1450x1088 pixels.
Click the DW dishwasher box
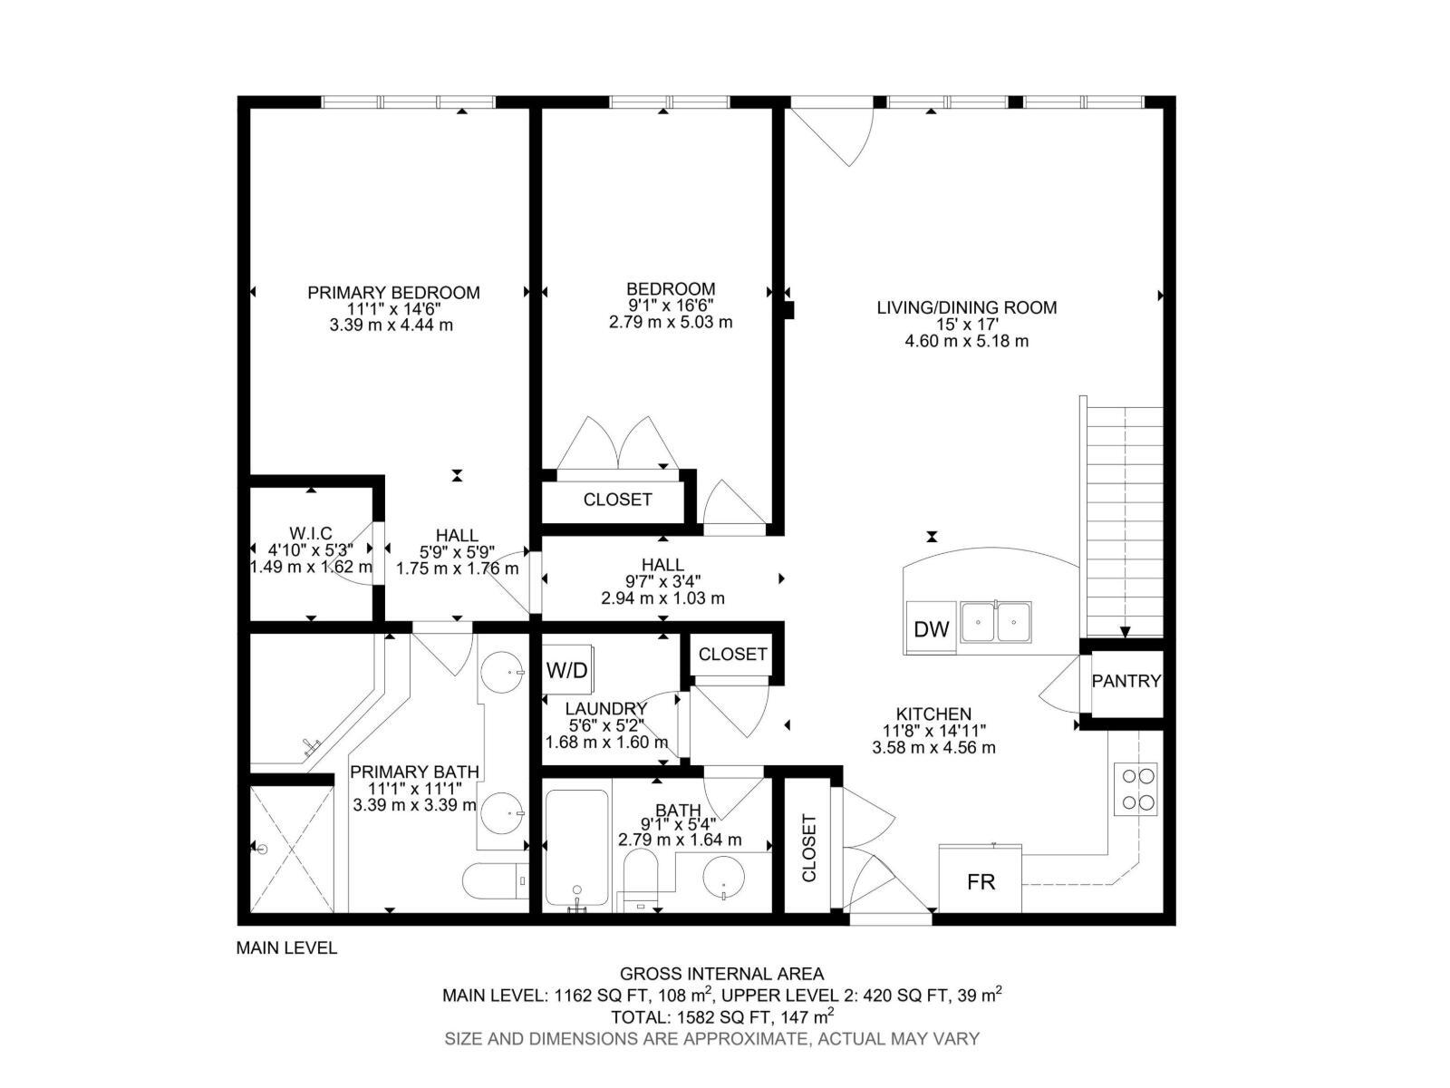pyautogui.click(x=931, y=629)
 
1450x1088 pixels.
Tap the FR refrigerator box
pyautogui.click(x=981, y=880)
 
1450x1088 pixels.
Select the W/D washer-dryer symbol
pyautogui.click(x=567, y=671)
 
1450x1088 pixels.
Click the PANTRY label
pyautogui.click(x=1126, y=681)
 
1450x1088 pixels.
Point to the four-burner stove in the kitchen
pyautogui.click(x=1139, y=789)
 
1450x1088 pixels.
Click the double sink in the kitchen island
pyautogui.click(x=996, y=622)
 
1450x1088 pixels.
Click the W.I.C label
pyautogui.click(x=311, y=534)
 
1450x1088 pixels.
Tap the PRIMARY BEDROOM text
pyautogui.click(x=393, y=293)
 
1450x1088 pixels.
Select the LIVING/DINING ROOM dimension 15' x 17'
pyautogui.click(x=967, y=325)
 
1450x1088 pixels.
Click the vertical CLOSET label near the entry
pyautogui.click(x=809, y=848)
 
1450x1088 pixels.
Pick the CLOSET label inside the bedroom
pyautogui.click(x=617, y=500)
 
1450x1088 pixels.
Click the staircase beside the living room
pyautogui.click(x=1125, y=521)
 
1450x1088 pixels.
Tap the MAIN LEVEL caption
pyautogui.click(x=286, y=948)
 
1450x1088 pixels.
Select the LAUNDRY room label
pyautogui.click(x=605, y=709)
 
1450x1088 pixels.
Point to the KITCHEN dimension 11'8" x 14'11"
pyautogui.click(x=933, y=731)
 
